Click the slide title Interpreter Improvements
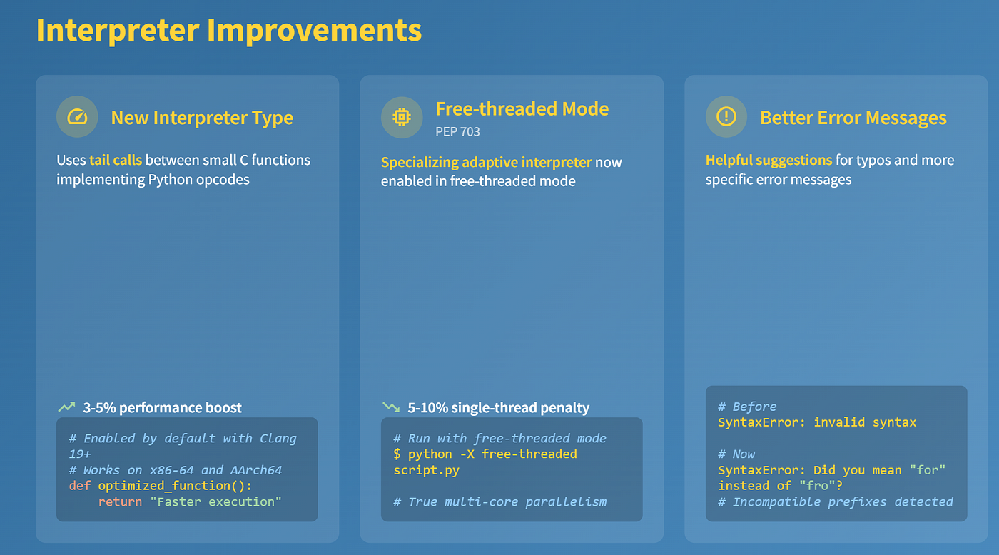coord(229,30)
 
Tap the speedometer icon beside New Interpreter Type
coord(77,117)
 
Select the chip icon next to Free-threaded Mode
coord(401,117)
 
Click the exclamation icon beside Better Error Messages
coord(726,117)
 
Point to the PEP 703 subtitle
coord(457,132)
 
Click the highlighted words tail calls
coord(116,160)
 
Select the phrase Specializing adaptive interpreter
coord(486,162)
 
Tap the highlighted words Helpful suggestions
coord(769,160)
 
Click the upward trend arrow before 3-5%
coord(66,407)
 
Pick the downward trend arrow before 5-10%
coord(391,407)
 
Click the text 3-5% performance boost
coord(163,407)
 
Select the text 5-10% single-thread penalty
coord(499,407)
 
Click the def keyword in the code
coord(80,486)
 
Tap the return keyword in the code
coord(120,502)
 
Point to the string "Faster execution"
coord(215,502)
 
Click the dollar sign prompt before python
coord(397,454)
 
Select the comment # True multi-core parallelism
coord(500,502)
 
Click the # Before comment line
coord(747,407)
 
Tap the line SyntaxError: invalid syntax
coord(817,422)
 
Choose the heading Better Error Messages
coord(853,118)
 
